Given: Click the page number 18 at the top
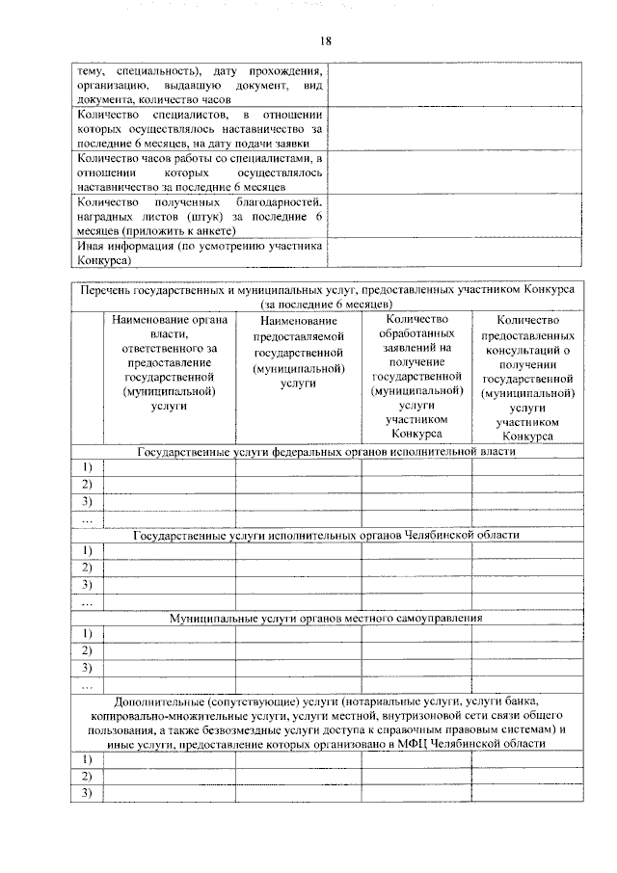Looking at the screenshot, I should click(327, 40).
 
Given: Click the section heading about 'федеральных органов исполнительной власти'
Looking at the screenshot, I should click(327, 451).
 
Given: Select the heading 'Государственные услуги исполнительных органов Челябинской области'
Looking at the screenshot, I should click(327, 535).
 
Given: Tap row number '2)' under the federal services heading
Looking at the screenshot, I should click(86, 485).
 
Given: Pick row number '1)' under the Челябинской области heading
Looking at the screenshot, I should click(86, 551).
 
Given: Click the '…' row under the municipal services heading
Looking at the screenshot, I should click(86, 686).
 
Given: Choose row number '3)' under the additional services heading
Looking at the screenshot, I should click(86, 793).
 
